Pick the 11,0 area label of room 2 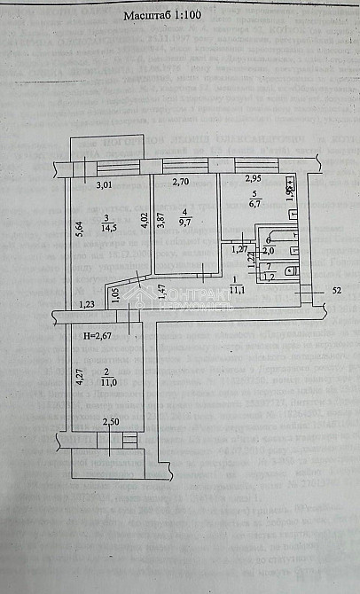coord(106,383)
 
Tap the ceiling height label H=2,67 coord(98,336)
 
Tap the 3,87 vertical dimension coord(160,223)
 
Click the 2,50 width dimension coord(110,422)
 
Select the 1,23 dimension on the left coord(87,305)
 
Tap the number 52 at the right coord(336,290)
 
